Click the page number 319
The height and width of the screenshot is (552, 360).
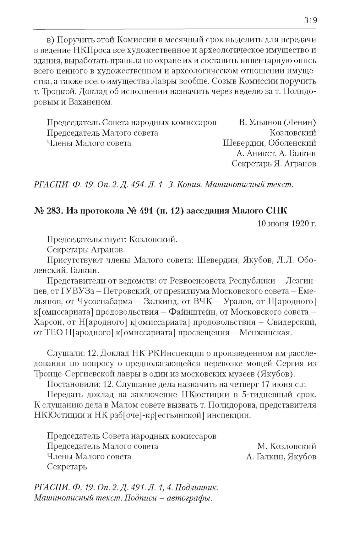pos(310,21)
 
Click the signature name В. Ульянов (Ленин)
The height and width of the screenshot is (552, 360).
pos(277,122)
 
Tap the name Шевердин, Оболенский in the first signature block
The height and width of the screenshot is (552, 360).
pos(270,143)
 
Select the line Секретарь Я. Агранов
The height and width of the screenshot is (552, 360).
pos(274,164)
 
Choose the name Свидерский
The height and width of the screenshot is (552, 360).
pos(291,322)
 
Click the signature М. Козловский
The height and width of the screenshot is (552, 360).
pos(286,446)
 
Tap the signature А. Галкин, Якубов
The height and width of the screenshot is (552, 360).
pos(281,457)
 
